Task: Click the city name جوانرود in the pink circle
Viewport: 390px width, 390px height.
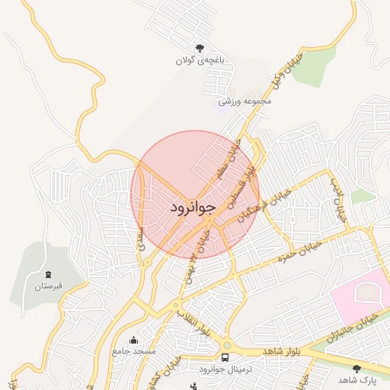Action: coord(193,206)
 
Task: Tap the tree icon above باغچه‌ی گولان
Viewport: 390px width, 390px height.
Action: coord(200,47)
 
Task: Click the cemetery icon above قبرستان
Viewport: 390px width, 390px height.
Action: coord(50,274)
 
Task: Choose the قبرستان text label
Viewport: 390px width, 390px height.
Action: coord(48,287)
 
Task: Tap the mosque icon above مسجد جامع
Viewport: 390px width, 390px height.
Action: coord(134,340)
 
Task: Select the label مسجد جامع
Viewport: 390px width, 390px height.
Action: coord(134,352)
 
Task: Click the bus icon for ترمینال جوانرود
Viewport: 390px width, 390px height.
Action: coord(225,356)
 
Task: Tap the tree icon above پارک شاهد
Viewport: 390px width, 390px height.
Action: coord(356,368)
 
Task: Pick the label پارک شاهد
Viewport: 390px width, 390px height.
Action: coord(356,379)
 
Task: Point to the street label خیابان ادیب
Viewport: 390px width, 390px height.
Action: coord(337,200)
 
